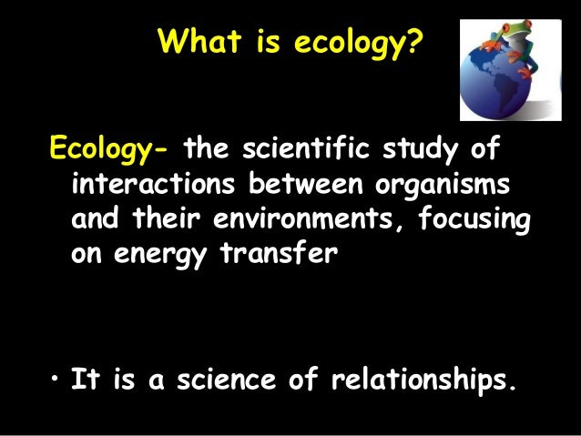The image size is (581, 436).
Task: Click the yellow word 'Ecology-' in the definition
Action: coord(108,147)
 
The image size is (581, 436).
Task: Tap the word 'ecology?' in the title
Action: coord(362,42)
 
